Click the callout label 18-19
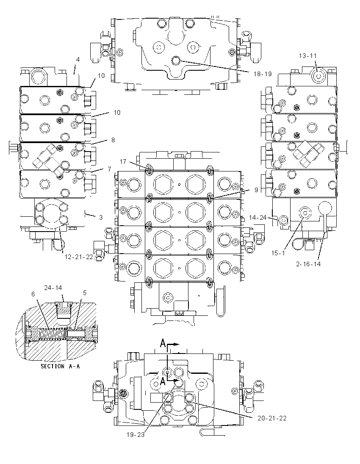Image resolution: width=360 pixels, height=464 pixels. pos(262,74)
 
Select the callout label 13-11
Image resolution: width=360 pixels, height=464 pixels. pos(307,55)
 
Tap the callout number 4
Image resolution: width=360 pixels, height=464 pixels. pos(78,60)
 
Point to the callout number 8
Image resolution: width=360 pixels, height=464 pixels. pos(113,140)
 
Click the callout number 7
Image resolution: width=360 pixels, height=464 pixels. pos(109,169)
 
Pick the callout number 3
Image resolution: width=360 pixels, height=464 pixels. pos(101,217)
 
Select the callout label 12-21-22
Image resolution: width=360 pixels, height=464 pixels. pos(79,257)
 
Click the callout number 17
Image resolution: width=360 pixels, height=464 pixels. pos(123,162)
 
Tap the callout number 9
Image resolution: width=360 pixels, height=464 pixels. pos(256,190)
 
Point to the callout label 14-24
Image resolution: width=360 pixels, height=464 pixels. pos(258,218)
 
